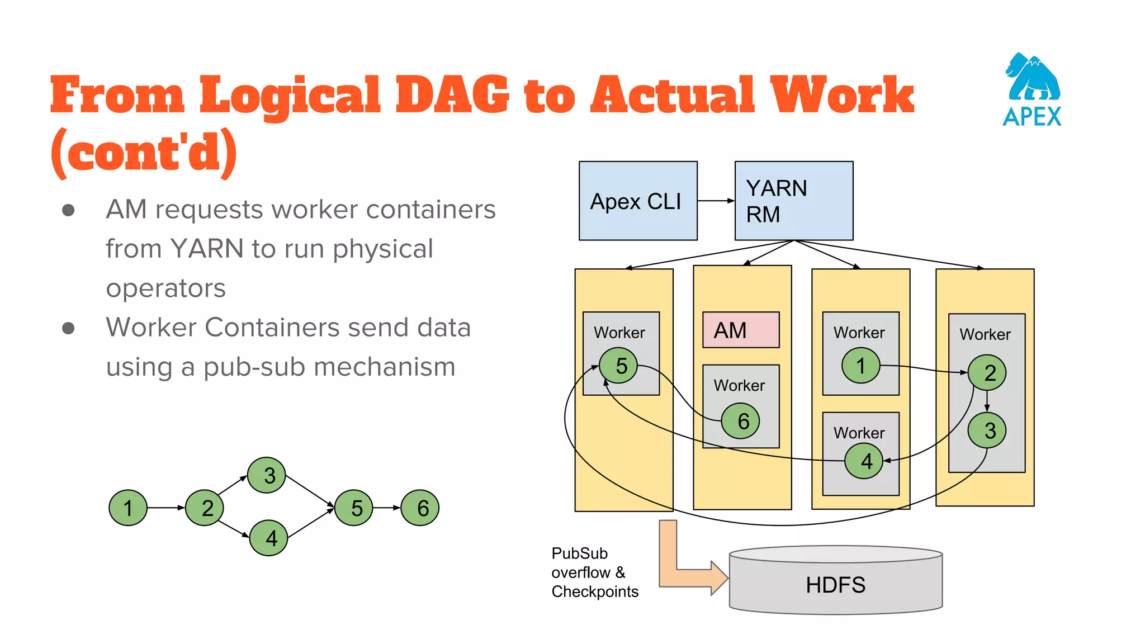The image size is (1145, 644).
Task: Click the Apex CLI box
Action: [x=637, y=201]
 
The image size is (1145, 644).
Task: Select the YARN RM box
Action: [x=793, y=201]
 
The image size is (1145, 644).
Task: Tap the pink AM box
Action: [x=740, y=330]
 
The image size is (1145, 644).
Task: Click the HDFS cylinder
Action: [x=835, y=584]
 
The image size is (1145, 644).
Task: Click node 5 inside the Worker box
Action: [x=618, y=366]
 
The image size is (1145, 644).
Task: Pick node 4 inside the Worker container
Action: [x=864, y=461]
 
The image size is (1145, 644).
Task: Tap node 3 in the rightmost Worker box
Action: [x=987, y=430]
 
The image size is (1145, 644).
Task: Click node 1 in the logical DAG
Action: [x=128, y=508]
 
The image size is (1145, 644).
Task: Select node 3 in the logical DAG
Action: [x=267, y=475]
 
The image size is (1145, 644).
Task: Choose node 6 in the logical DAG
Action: [x=420, y=508]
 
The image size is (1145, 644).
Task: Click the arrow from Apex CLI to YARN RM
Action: [x=716, y=201]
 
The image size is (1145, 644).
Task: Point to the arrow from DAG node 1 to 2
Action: [x=165, y=508]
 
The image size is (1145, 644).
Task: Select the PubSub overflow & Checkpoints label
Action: [x=594, y=572]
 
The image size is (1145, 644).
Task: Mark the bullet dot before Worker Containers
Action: [x=68, y=328]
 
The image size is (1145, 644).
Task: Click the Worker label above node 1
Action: [x=859, y=333]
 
